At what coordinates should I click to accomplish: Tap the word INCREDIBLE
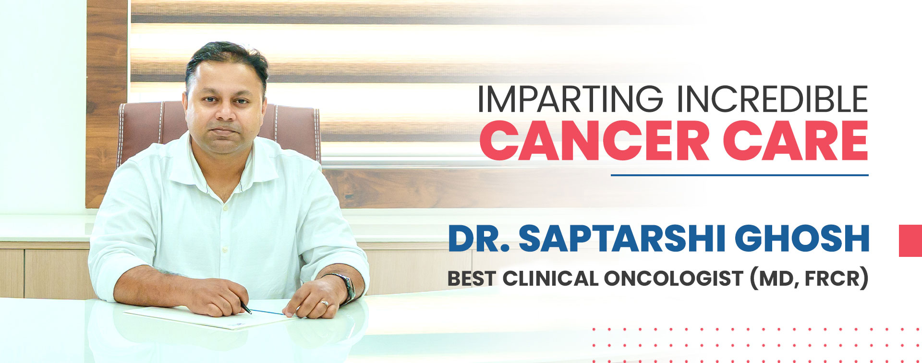(x=772, y=99)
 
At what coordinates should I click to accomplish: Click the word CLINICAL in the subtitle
(x=550, y=278)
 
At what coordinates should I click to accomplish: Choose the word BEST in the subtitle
(x=471, y=278)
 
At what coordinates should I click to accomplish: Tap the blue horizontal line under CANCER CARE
(x=740, y=175)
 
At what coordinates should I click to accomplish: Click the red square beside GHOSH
(x=910, y=240)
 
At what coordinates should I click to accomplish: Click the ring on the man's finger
(x=325, y=303)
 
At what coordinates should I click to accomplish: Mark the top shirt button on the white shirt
(x=224, y=208)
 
